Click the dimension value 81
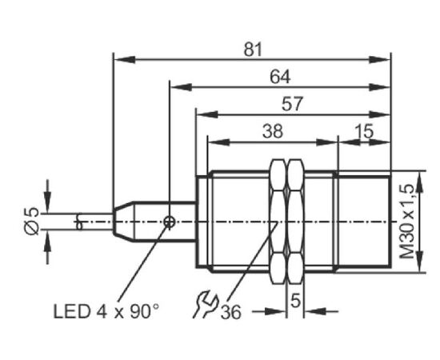coord(253,50)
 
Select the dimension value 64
coord(280,77)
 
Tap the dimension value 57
coord(292,104)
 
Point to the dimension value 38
coord(273,131)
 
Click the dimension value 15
coord(364,131)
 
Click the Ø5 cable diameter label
coord(31,221)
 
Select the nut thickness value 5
coord(295,301)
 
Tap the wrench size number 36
coord(231,312)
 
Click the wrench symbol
coord(206,304)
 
